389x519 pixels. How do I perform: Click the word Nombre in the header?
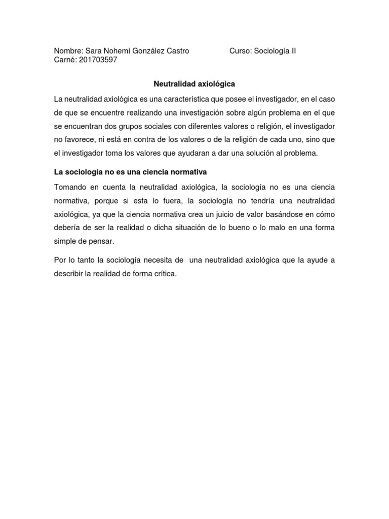67,51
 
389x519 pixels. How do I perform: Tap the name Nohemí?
115,51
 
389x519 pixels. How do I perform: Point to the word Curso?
240,51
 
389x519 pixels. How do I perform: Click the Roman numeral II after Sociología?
293,51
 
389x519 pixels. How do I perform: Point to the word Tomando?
70,188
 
